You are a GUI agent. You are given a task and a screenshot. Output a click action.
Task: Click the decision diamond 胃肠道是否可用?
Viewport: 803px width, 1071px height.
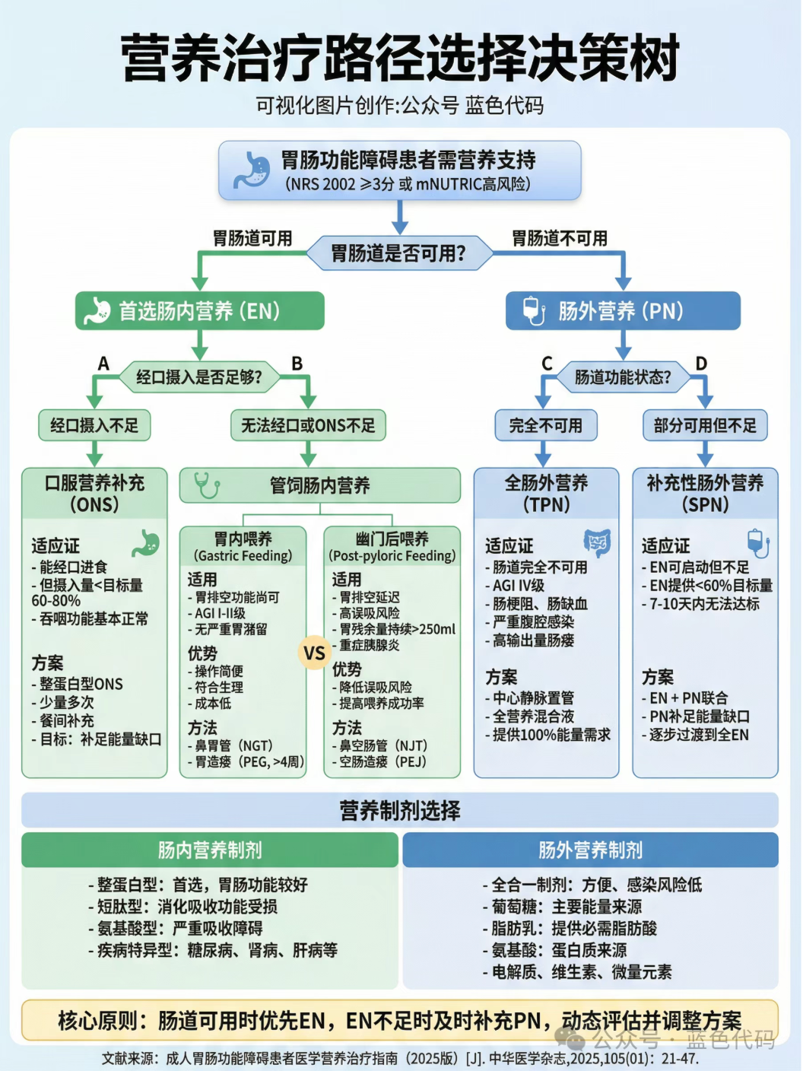pyautogui.click(x=398, y=253)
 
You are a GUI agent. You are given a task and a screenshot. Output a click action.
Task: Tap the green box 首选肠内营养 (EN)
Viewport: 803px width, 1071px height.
pyautogui.click(x=199, y=311)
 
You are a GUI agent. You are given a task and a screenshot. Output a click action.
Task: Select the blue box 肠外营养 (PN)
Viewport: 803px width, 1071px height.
pyautogui.click(x=623, y=311)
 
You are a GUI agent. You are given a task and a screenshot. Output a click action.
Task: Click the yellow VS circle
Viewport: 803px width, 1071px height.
pyautogui.click(x=314, y=653)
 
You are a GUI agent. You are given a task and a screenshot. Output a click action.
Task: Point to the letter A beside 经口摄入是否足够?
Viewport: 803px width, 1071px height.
pyautogui.click(x=103, y=364)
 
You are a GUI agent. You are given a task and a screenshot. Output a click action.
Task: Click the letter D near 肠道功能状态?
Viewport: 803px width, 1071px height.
pyautogui.click(x=701, y=364)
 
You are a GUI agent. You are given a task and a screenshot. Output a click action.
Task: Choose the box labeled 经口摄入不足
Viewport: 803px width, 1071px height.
pyautogui.click(x=94, y=425)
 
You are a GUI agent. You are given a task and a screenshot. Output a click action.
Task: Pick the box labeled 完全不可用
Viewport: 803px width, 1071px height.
pyautogui.click(x=545, y=425)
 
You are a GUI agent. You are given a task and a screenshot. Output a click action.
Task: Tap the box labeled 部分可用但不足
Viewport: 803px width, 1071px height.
pyautogui.click(x=705, y=425)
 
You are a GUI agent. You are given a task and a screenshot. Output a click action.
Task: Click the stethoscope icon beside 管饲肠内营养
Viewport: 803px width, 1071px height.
pyautogui.click(x=206, y=485)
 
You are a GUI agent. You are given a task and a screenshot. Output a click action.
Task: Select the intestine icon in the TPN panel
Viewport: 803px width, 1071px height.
pyautogui.click(x=597, y=543)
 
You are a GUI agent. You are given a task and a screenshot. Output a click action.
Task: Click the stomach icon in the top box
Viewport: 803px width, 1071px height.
pyautogui.click(x=252, y=170)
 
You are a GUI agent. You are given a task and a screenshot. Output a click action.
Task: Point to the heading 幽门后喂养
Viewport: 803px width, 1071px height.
pyautogui.click(x=392, y=539)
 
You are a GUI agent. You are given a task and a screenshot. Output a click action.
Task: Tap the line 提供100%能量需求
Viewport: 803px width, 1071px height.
pyautogui.click(x=551, y=735)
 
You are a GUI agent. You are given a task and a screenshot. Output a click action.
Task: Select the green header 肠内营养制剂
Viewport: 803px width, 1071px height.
pyautogui.click(x=210, y=850)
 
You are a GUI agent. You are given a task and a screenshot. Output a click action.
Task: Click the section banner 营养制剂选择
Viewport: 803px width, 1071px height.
pyautogui.click(x=400, y=811)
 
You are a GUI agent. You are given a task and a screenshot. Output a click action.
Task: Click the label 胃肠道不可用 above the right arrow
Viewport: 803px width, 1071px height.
pyautogui.click(x=560, y=239)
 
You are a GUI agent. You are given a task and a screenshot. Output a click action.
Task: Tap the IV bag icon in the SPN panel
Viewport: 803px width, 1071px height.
pyautogui.click(x=757, y=543)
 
